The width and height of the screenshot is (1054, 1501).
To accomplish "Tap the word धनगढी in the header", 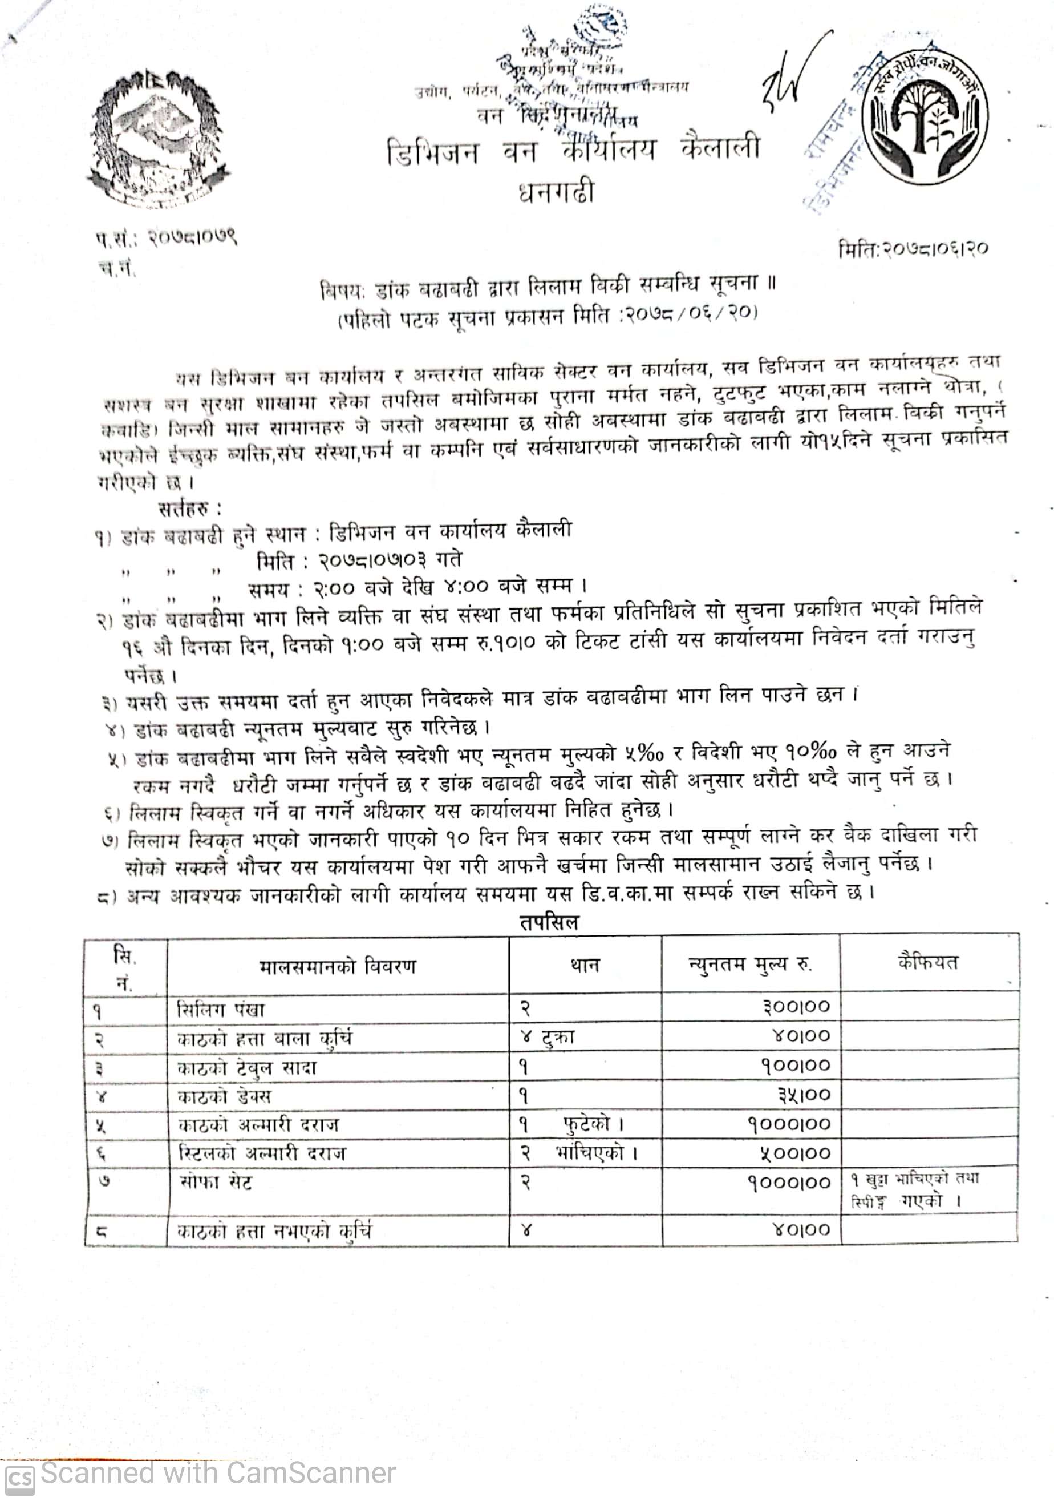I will coord(556,192).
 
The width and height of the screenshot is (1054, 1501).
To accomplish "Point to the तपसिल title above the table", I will coord(550,922).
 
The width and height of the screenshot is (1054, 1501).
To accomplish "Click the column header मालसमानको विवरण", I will coord(337,966).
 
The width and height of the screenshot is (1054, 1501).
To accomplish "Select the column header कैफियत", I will coord(928,962).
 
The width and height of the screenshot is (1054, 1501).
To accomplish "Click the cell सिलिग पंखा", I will coord(221,1010).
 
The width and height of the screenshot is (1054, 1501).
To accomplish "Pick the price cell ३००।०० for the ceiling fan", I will coord(795,1006).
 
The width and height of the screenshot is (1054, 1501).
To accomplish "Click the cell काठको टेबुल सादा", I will coord(247,1068).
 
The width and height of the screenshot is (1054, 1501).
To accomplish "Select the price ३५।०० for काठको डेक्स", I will coord(804,1095).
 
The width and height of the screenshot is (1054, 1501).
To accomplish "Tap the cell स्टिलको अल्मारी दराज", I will coord(261,1153).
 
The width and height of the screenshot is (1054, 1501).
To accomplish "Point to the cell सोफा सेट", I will coord(215,1182).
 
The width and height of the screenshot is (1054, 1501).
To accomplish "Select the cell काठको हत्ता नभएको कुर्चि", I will coord(274,1231).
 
